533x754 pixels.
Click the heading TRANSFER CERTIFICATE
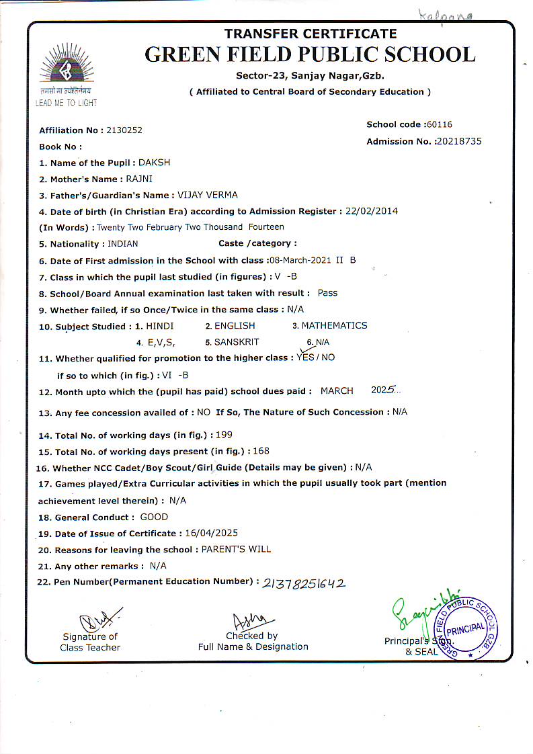310,34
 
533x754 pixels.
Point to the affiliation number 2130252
124,130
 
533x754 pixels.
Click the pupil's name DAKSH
154,163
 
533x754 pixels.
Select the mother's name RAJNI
139,179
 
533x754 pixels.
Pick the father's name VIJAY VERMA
207,195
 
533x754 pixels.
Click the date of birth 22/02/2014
372,211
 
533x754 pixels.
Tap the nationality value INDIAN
123,243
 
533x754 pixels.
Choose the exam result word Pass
328,293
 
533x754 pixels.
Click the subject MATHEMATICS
334,325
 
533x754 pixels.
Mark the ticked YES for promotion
305,358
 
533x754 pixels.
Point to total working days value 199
224,435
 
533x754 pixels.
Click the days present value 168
261,451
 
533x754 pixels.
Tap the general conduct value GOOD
154,517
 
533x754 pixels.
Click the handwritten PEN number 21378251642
304,583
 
